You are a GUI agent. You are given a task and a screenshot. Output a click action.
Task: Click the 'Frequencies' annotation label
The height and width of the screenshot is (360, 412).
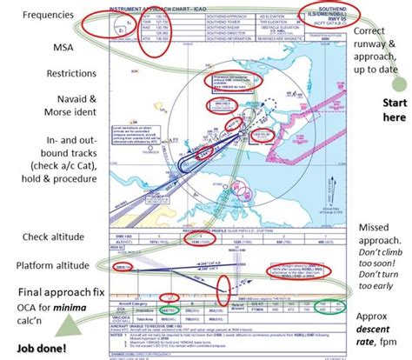48,15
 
